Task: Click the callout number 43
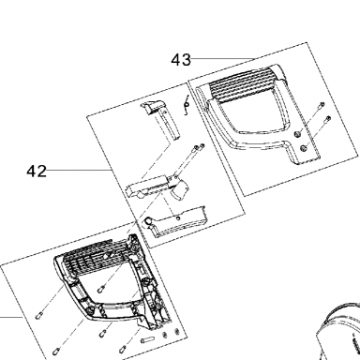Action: pyautogui.click(x=181, y=60)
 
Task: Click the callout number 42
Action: pyautogui.click(x=37, y=172)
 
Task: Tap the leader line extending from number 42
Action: pyautogui.click(x=80, y=170)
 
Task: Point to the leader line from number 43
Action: pyautogui.click(x=223, y=58)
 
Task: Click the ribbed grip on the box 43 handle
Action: pyautogui.click(x=243, y=85)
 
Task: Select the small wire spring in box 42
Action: pyautogui.click(x=187, y=104)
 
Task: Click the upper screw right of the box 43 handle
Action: pyautogui.click(x=321, y=105)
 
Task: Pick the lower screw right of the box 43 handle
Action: pyautogui.click(x=327, y=119)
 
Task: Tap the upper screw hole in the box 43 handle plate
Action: pyautogui.click(x=297, y=134)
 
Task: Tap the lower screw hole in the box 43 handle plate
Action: pyautogui.click(x=303, y=148)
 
